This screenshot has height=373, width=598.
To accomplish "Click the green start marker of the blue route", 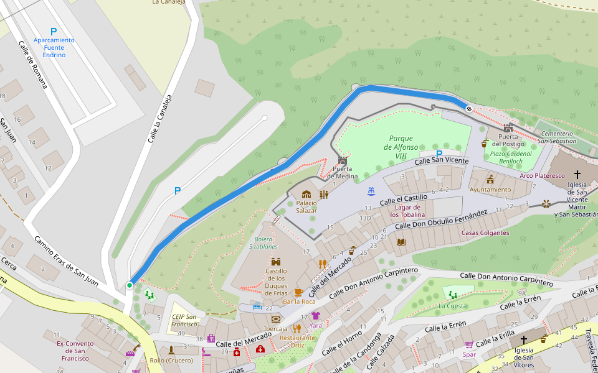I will tap(130, 285).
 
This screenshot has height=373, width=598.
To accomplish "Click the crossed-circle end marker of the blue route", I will tap(468, 109).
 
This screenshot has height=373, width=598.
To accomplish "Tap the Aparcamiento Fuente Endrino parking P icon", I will tap(54, 31).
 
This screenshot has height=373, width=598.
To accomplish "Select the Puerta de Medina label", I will tap(345, 172).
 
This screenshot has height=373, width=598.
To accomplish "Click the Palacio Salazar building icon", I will tap(306, 195).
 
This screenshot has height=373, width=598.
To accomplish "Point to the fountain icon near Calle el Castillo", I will tap(371, 190).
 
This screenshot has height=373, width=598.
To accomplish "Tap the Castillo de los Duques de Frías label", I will tap(276, 282).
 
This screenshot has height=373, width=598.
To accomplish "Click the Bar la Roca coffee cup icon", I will tap(298, 292).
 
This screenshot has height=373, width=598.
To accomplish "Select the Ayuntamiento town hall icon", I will tap(490, 179).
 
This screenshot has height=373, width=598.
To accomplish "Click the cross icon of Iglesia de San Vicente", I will tap(577, 175).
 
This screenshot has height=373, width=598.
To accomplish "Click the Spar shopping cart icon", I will tap(469, 344).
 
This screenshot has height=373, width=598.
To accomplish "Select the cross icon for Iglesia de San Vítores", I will tap(523, 340).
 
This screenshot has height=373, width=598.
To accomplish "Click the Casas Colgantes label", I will tap(485, 233).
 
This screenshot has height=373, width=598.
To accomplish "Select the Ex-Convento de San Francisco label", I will tap(75, 351).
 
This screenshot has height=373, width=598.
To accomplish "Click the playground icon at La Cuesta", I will tap(452, 295).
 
